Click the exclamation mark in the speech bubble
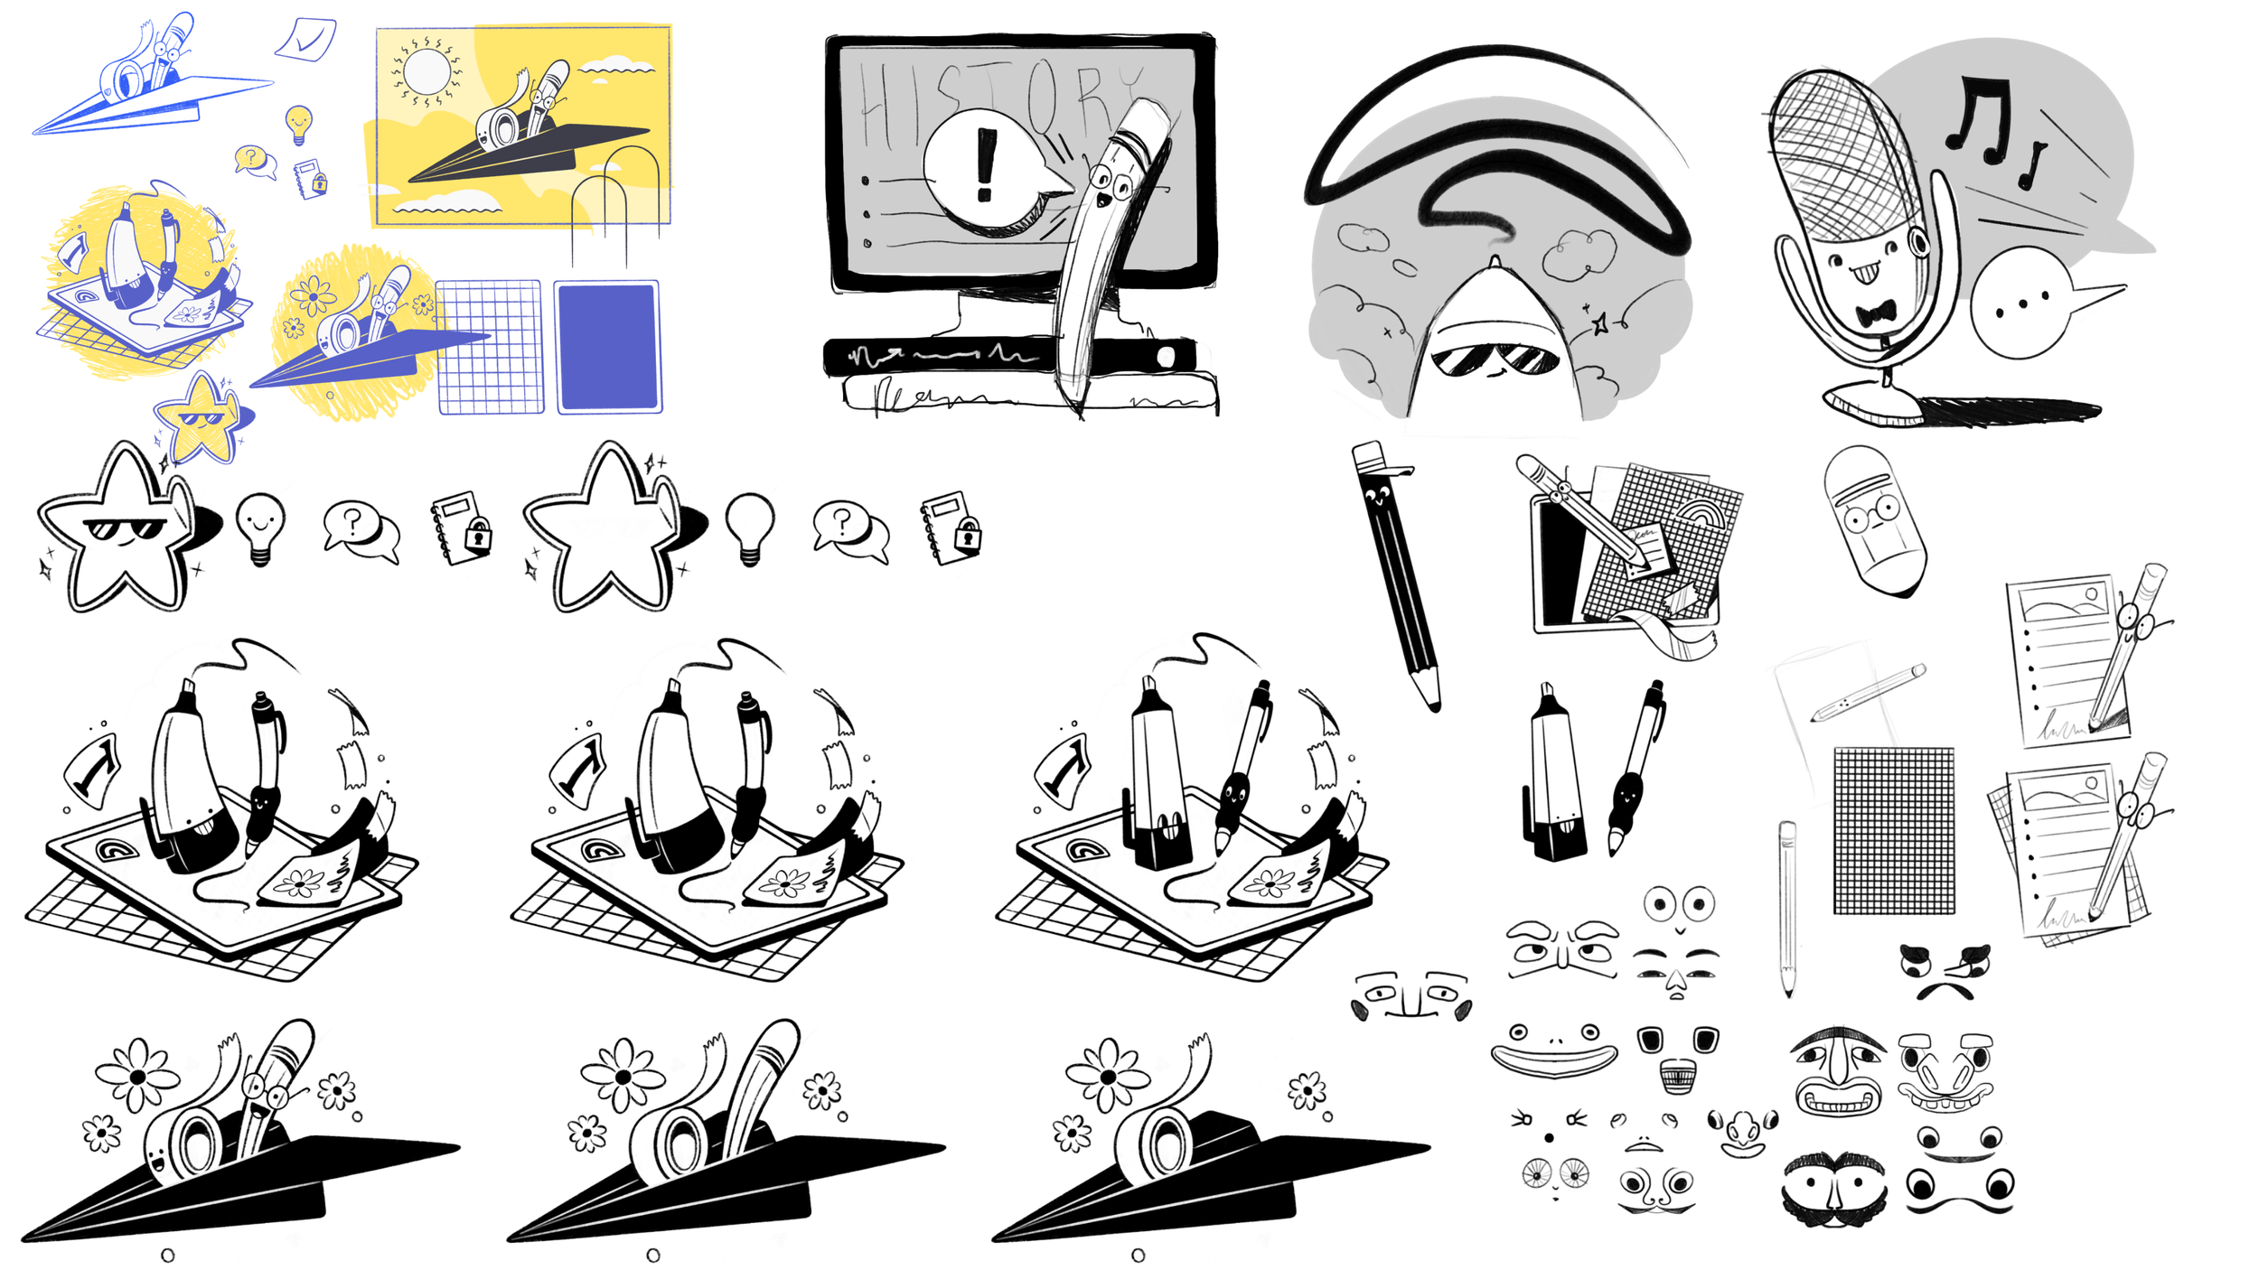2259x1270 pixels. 986,164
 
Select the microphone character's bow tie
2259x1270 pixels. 1875,313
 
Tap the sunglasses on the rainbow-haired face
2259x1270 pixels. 1495,359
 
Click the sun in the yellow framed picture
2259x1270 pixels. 426,70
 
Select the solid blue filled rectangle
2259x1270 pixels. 607,347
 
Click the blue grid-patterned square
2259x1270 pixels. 489,347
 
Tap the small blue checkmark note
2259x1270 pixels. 306,40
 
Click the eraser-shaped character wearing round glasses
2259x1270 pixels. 1875,519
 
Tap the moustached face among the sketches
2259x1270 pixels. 1834,1188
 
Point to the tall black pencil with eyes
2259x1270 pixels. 1396,574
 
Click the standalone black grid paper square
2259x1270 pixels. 1893,831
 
